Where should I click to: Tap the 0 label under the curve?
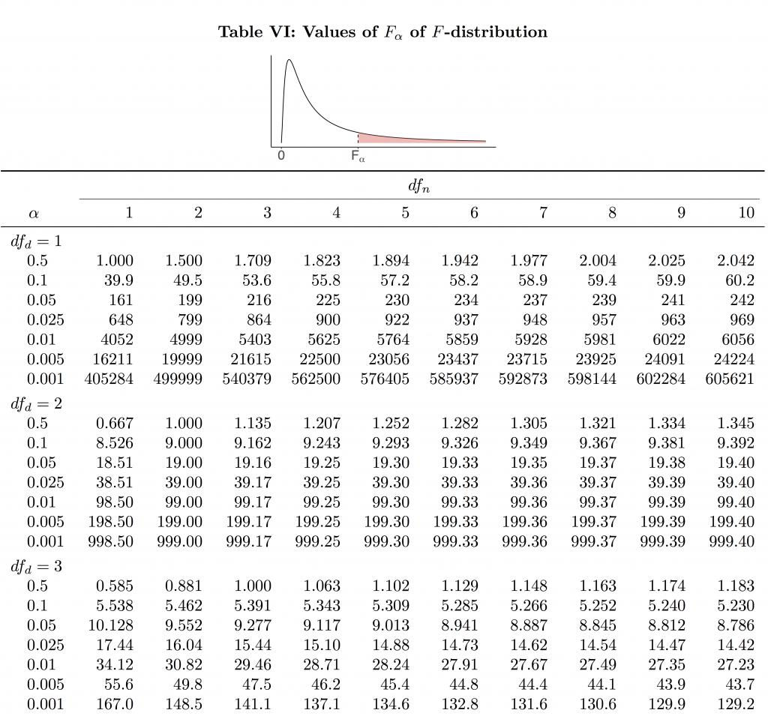[280, 157]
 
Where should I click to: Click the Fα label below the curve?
[358, 157]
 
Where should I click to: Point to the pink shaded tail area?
[397, 139]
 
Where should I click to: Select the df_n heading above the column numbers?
[418, 186]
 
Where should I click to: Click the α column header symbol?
[33, 214]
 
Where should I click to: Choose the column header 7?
[542, 213]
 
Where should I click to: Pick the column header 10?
[745, 213]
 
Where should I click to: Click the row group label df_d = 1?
[36, 241]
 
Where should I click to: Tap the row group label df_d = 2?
[36, 403]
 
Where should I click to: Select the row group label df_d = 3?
[36, 566]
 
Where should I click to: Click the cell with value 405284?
[109, 379]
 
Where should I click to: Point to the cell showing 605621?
[730, 379]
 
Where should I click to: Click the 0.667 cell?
[115, 424]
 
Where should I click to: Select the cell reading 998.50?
[110, 541]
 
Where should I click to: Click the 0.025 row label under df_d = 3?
[45, 645]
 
